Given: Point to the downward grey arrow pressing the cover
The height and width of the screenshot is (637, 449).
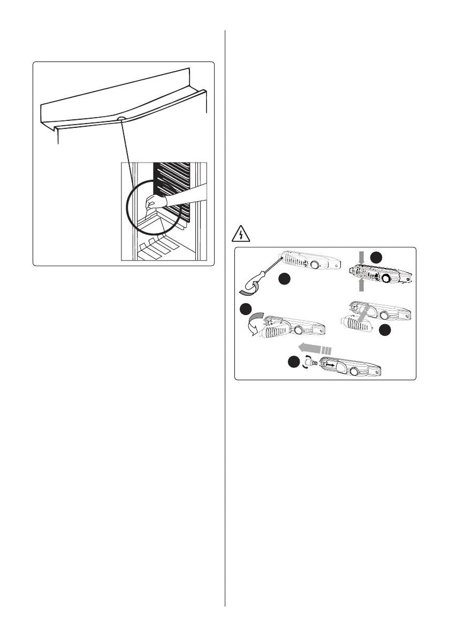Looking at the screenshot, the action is click(x=361, y=258).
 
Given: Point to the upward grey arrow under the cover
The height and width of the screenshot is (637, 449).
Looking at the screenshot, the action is click(x=361, y=286).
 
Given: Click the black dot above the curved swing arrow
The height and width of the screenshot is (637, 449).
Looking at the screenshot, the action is click(x=247, y=310).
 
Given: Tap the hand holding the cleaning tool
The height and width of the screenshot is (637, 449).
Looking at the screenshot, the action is click(x=156, y=202).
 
